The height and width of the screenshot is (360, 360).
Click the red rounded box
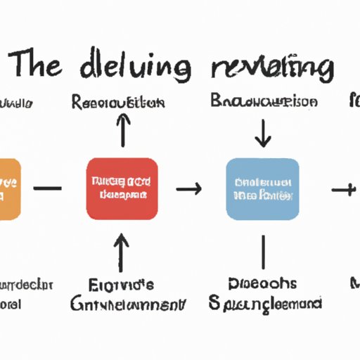(x=122, y=188)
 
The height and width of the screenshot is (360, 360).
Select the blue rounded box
(x=263, y=188)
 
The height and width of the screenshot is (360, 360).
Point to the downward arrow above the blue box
(x=263, y=133)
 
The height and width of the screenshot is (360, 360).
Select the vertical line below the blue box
(x=263, y=251)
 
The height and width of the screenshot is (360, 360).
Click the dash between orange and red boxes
(x=48, y=188)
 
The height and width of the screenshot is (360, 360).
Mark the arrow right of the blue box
(x=344, y=188)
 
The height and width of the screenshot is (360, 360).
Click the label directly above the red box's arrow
(x=118, y=102)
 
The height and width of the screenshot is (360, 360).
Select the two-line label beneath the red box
(x=127, y=295)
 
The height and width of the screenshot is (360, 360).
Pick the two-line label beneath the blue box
(x=265, y=294)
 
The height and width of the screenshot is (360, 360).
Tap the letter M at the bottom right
(x=355, y=285)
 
